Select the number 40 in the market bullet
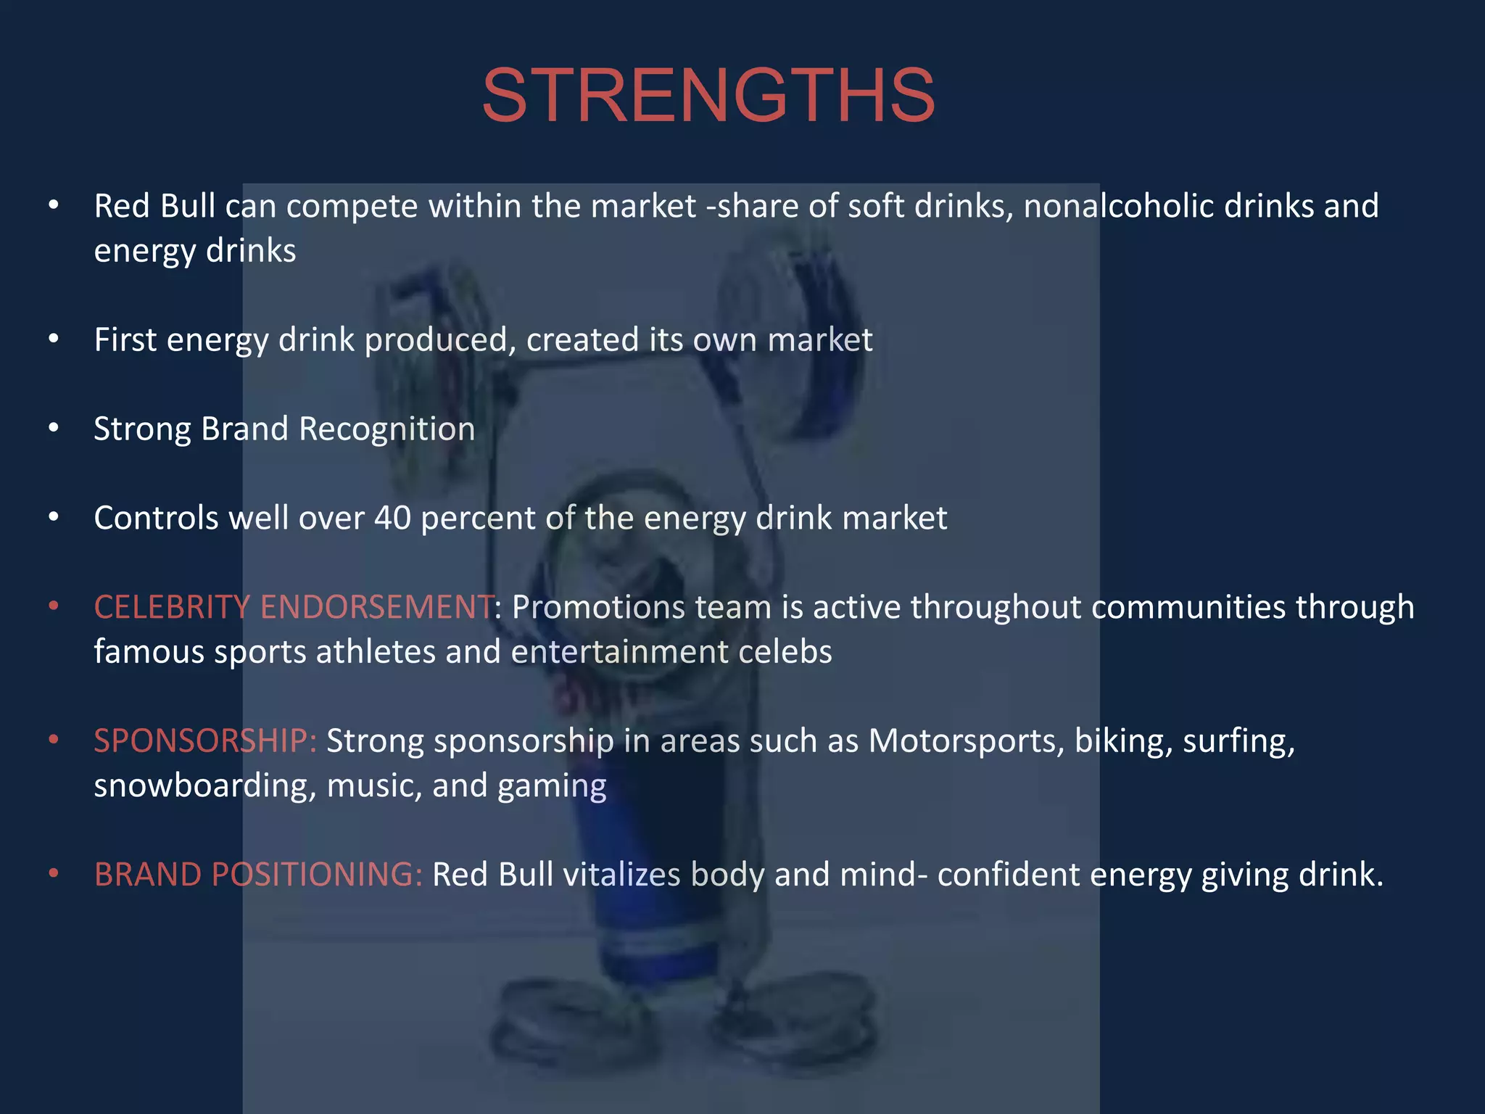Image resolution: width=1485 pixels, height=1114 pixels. pos(392,518)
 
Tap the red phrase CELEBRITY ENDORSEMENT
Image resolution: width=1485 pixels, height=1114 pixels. pos(294,607)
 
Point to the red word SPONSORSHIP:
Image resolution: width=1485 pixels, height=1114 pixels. pos(205,741)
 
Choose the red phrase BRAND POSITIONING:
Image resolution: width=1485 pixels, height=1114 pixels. pos(258,875)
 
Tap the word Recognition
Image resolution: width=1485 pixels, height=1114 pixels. pos(386,429)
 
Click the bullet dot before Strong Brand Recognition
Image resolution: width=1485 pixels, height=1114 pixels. pos(54,429)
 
